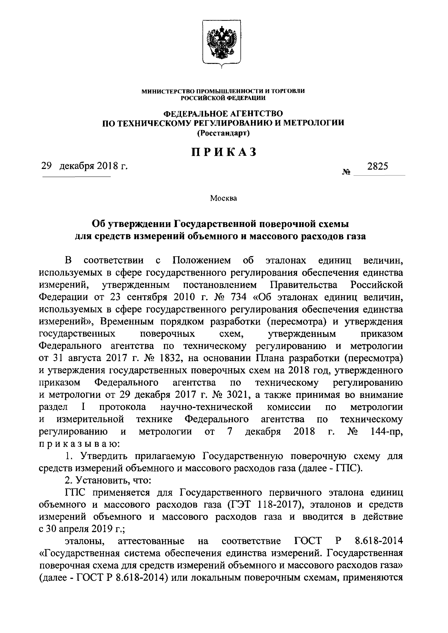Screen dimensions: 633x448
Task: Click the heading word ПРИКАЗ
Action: (x=224, y=152)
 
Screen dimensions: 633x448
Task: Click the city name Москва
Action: (x=223, y=198)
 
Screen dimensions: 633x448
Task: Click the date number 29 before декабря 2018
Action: (x=47, y=166)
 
